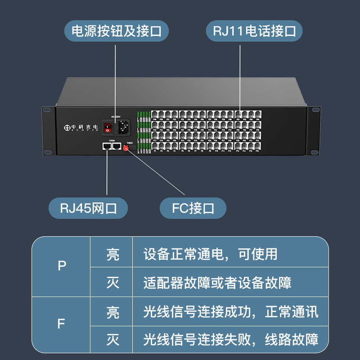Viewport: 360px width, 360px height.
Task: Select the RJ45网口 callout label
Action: [x=88, y=209]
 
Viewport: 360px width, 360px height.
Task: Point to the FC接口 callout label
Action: [x=193, y=209]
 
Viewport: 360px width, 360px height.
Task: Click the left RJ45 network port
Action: [x=107, y=146]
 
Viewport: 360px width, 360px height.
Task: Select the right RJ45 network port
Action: [x=117, y=146]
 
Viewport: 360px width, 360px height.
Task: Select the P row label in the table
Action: [x=62, y=266]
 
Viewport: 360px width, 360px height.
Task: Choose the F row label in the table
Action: [x=62, y=324]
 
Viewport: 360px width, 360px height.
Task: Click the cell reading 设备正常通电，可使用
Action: [x=211, y=254]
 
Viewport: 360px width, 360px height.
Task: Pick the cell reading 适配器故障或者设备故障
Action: [x=217, y=283]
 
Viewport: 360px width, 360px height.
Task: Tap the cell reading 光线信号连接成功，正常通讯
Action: [x=230, y=311]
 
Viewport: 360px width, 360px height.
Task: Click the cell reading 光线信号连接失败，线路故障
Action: [x=230, y=340]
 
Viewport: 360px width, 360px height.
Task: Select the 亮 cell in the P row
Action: [x=112, y=254]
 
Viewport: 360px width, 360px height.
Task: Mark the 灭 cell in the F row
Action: [x=112, y=340]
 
